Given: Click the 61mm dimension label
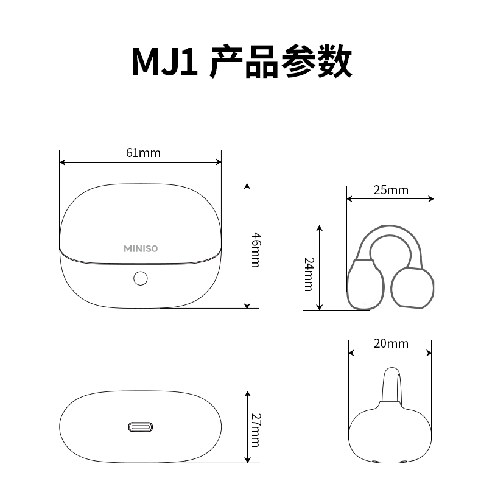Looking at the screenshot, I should [x=143, y=153].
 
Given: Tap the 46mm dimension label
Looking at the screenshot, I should [x=256, y=249].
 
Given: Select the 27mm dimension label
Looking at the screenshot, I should [x=256, y=429].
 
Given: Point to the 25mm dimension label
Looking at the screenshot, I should [x=391, y=190].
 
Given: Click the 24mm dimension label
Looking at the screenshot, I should [x=309, y=273].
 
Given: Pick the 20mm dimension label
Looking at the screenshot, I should [x=391, y=344].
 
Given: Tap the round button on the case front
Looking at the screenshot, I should [x=140, y=278].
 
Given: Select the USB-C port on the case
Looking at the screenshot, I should [x=140, y=426].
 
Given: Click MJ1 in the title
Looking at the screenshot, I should [x=165, y=63].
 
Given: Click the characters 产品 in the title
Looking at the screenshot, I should [x=243, y=63].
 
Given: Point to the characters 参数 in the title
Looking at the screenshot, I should [x=316, y=63].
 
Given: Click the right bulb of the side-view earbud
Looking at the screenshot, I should [x=413, y=289].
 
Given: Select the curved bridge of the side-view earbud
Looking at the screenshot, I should [x=390, y=234].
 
